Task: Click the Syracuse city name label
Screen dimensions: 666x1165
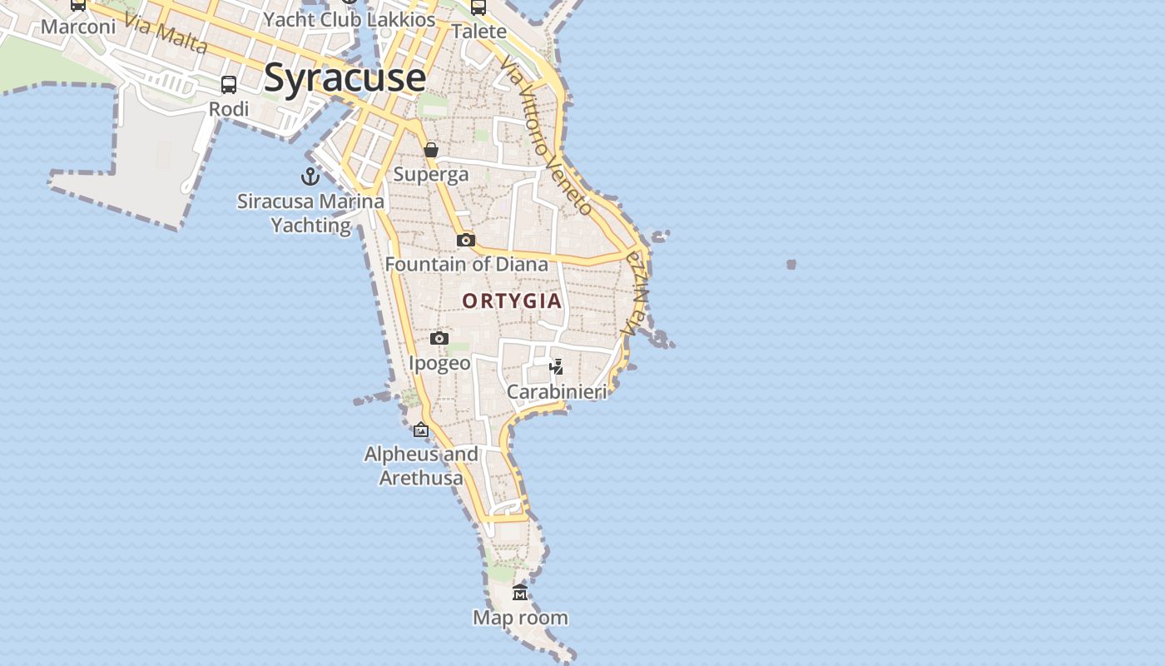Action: coord(345,78)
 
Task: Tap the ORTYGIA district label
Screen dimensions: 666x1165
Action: coord(512,301)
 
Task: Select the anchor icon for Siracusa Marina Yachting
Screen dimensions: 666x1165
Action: coord(310,176)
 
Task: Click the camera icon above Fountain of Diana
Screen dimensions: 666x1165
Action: coord(466,241)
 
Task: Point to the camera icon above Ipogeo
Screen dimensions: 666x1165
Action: coord(439,338)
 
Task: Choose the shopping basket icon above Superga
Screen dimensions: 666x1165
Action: coord(431,151)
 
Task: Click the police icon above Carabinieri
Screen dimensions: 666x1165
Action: coord(557,366)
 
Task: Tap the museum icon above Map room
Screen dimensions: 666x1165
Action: coord(520,593)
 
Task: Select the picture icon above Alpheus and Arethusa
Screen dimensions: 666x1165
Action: coord(421,430)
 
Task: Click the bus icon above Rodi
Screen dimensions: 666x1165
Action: coord(229,85)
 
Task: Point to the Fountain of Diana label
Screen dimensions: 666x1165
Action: coord(467,265)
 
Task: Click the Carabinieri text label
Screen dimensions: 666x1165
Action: coord(557,391)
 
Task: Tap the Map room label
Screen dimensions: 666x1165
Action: coord(520,618)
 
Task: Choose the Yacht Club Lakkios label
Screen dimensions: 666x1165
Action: coord(349,19)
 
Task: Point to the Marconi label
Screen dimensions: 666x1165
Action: coord(78,27)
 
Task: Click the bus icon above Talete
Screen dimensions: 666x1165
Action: coord(478,8)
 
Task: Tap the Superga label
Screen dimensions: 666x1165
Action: coord(431,175)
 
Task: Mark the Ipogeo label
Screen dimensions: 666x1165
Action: coord(439,364)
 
